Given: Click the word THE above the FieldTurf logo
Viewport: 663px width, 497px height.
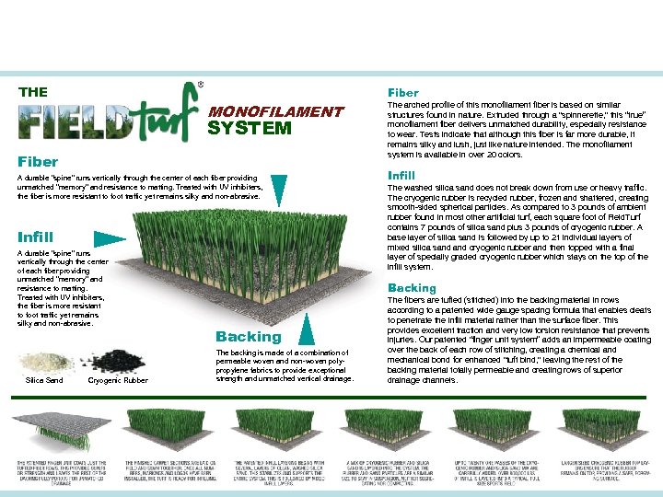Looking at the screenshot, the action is pos(33,92).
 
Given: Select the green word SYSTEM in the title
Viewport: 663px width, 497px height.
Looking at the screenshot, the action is pos(249,128).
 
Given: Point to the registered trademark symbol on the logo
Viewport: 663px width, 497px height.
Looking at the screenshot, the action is pos(201,85).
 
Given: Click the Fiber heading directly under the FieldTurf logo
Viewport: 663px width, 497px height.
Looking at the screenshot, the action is pos(38,161).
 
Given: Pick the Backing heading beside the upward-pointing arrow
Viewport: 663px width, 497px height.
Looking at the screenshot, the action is pos(248,337).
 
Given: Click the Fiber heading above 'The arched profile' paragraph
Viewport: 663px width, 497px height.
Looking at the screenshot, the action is pos(403,93).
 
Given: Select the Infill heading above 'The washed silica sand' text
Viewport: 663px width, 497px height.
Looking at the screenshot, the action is pos(401,175).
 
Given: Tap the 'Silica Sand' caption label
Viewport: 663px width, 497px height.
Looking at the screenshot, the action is pos(44,380).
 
